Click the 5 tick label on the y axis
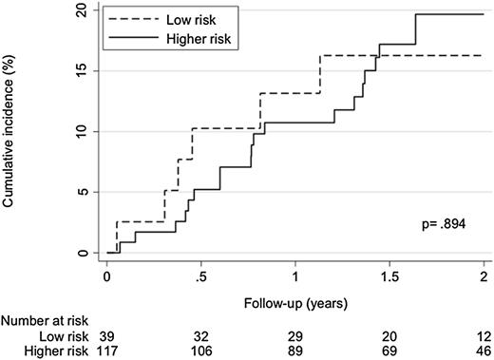point(84,192)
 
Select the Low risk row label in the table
point(64,337)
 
